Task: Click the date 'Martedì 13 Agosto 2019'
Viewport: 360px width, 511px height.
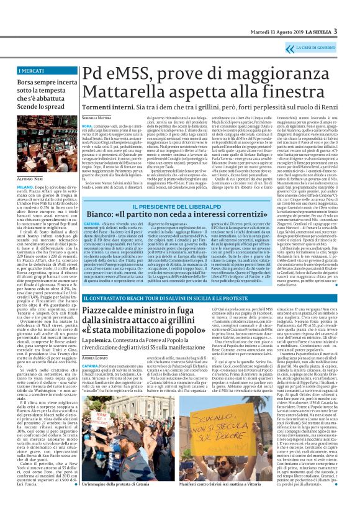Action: [274, 32]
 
